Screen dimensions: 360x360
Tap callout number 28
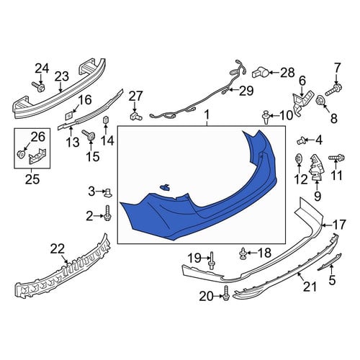[287, 72]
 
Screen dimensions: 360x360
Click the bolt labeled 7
[333, 90]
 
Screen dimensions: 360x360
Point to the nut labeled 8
[321, 100]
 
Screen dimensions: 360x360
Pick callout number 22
[58, 249]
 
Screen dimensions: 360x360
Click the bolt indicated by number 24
[38, 86]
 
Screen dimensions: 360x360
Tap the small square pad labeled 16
[69, 116]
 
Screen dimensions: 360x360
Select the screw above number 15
[89, 135]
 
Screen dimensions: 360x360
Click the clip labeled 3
[108, 193]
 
